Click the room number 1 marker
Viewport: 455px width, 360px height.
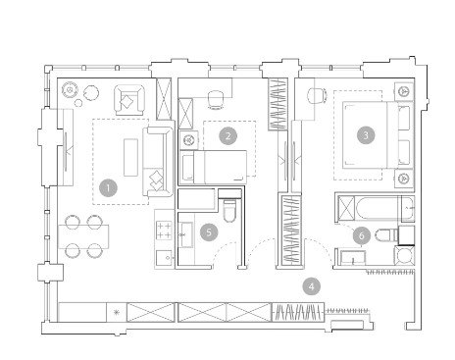coord(108,187)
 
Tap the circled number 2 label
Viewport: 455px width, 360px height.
coord(228,135)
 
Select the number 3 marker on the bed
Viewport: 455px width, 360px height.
coord(366,135)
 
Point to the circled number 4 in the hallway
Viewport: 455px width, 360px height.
coord(311,286)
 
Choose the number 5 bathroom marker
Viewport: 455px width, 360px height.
coord(209,232)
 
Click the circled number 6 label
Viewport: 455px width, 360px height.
coord(362,235)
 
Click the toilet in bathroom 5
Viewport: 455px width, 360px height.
coord(229,211)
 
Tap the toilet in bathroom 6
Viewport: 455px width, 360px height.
coord(386,235)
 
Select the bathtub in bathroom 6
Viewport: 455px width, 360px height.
coord(379,208)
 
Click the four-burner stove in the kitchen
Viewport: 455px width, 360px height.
coord(165,231)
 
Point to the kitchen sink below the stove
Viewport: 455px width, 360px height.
coord(165,258)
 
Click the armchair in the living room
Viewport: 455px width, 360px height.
coord(129,100)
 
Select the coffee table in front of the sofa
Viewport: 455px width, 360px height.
coord(130,157)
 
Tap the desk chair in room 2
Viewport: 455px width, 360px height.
coord(216,99)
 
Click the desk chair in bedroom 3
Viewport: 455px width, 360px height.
coord(317,96)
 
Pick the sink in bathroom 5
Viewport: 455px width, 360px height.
coord(186,234)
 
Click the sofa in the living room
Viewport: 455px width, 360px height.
coord(158,162)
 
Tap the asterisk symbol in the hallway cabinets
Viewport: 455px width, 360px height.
coord(116,312)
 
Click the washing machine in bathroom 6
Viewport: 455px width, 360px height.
coord(404,255)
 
